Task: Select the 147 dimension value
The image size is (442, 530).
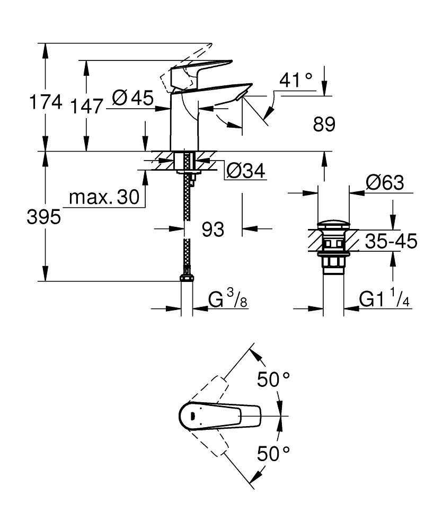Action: (87, 106)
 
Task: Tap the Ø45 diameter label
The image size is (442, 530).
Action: (133, 98)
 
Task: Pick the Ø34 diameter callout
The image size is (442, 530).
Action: (245, 171)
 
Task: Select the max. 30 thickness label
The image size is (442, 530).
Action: (104, 198)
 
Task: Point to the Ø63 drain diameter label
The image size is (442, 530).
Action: (385, 183)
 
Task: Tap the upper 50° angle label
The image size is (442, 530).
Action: (273, 379)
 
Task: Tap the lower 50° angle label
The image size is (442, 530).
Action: (273, 454)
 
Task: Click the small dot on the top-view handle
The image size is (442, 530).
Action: (192, 416)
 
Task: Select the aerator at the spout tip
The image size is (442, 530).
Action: (242, 95)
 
